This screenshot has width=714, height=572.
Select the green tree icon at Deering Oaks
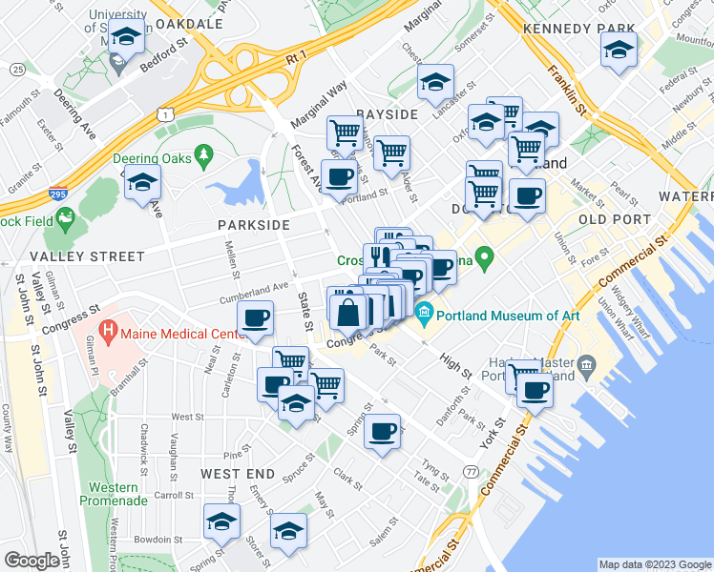(202, 154)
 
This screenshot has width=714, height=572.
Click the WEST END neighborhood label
(238, 474)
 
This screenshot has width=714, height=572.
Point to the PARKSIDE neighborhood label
(253, 225)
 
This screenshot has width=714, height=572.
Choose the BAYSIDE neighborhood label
(388, 114)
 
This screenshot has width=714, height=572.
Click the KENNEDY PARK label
(566, 30)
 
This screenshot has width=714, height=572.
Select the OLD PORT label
(615, 219)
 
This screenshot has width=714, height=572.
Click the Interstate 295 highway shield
(57, 194)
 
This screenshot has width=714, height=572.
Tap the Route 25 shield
(17, 70)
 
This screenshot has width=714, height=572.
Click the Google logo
(31, 561)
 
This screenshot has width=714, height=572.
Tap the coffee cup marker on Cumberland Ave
(256, 317)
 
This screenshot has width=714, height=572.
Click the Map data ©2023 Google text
(654, 564)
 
